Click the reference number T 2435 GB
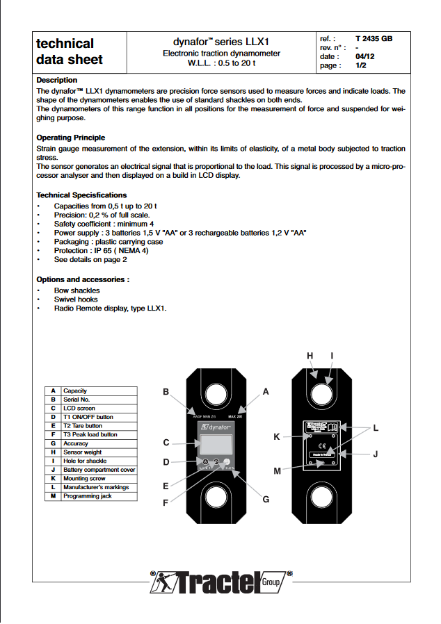374,39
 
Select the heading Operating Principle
70,138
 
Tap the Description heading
57,80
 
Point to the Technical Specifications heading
81,195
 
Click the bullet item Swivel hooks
76,299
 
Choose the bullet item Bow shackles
77,290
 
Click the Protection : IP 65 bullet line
101,251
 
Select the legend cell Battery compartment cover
99,470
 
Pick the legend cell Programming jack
87,496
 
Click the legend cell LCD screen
79,409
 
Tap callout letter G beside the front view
265,499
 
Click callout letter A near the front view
265,392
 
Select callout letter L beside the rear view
376,428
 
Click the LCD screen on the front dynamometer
215,443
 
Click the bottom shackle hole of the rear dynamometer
321,498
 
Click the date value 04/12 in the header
365,57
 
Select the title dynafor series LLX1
220,42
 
